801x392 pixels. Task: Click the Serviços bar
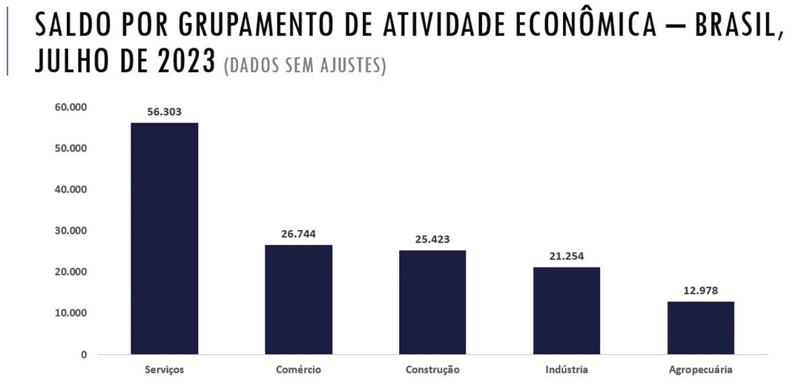coord(164,238)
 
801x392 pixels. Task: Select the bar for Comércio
coord(298,299)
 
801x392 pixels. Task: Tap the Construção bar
coord(432,302)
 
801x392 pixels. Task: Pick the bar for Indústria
coord(567,310)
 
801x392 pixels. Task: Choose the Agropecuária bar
coord(701,327)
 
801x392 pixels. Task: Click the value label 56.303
coord(164,112)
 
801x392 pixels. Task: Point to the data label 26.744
coord(298,234)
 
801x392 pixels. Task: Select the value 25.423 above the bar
coord(432,239)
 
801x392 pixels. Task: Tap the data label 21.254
coord(567,256)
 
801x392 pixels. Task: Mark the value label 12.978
coord(701,290)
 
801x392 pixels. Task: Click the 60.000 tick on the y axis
coord(71,107)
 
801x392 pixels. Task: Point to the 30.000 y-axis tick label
coord(71,231)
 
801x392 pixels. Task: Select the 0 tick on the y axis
coord(84,355)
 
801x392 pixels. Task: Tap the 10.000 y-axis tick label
coord(71,313)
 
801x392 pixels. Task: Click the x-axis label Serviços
coord(164,369)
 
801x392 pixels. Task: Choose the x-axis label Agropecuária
coord(701,369)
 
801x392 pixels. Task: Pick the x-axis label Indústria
coord(567,369)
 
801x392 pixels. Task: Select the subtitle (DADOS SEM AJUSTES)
coord(305,65)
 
